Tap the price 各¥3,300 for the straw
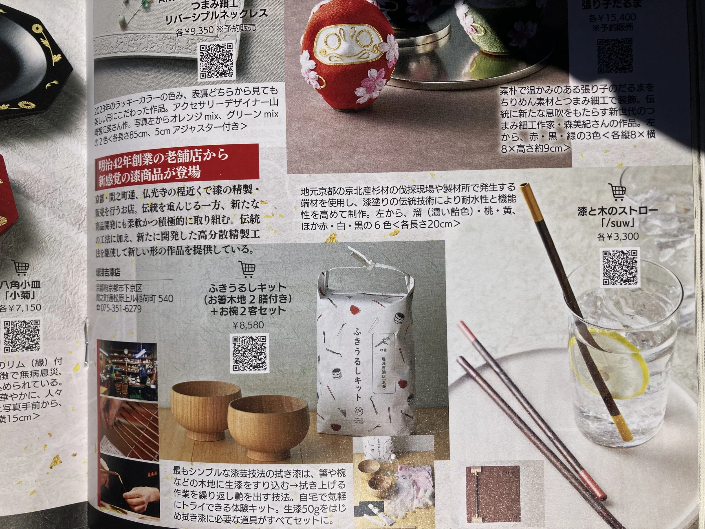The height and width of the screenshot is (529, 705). pyautogui.click(x=617, y=236)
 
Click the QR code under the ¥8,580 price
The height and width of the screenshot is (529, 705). pyautogui.click(x=249, y=353)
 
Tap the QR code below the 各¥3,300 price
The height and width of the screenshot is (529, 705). pyautogui.click(x=620, y=267)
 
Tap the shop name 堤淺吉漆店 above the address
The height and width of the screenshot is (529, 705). pyautogui.click(x=108, y=273)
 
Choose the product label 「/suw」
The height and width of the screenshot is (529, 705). pyautogui.click(x=617, y=223)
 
